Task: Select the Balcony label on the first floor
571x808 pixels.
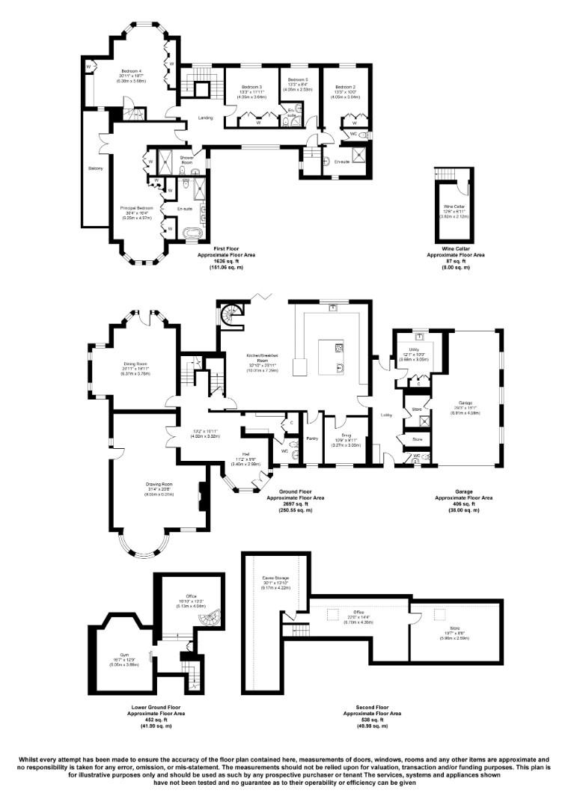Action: point(96,168)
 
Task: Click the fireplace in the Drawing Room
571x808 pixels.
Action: point(201,496)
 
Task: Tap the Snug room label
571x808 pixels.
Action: point(346,435)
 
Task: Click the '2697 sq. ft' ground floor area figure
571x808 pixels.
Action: point(298,504)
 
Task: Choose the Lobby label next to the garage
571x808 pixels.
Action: point(387,415)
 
